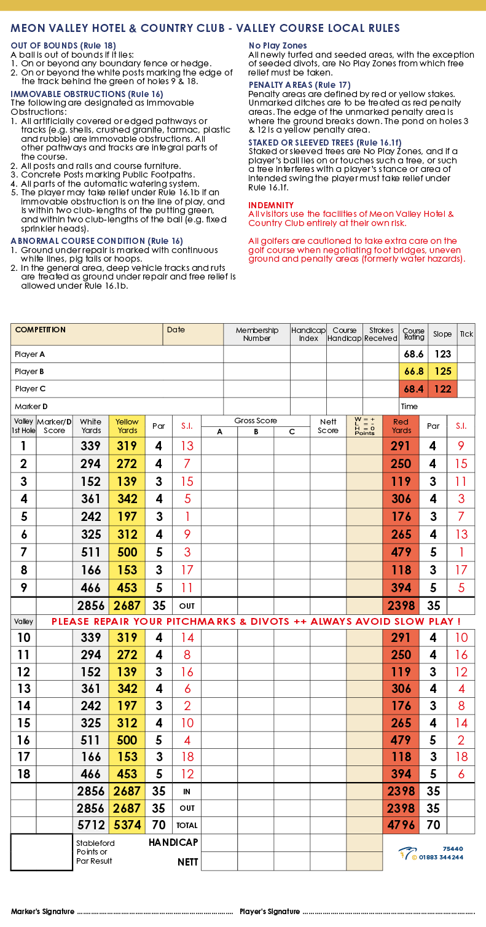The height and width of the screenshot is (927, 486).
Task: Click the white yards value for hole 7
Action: pyautogui.click(x=91, y=552)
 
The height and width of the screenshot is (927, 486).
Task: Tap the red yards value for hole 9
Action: pyautogui.click(x=401, y=587)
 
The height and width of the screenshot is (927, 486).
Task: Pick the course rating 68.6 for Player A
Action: pyautogui.click(x=413, y=354)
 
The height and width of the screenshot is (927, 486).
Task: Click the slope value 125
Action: pyautogui.click(x=442, y=372)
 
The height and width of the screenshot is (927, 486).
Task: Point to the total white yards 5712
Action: pyautogui.click(x=91, y=825)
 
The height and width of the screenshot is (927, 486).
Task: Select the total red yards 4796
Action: pyautogui.click(x=401, y=825)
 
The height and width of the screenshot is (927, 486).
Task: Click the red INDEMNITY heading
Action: pyautogui.click(x=271, y=205)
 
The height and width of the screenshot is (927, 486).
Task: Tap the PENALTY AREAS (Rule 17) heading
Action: pyautogui.click(x=299, y=85)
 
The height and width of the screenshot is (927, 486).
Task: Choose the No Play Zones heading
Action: pyautogui.click(x=278, y=46)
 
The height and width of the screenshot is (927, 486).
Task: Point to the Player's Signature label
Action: pyautogui.click(x=270, y=912)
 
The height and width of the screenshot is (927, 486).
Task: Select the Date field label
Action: pyautogui.click(x=176, y=330)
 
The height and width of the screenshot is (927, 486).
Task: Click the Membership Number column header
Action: pyautogui.click(x=257, y=334)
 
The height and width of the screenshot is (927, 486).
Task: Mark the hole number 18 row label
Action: pyautogui.click(x=23, y=774)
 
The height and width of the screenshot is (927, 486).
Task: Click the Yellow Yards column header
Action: pyautogui.click(x=127, y=426)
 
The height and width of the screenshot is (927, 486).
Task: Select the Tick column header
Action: pyautogui.click(x=466, y=334)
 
